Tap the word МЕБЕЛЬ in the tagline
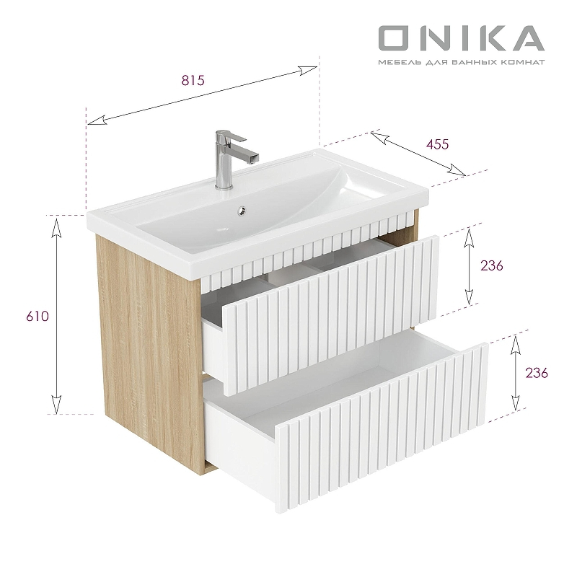click(x=397, y=63)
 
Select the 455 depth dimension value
click(x=437, y=144)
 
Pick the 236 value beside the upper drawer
click(x=490, y=265)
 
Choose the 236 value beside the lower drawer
click(x=537, y=373)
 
